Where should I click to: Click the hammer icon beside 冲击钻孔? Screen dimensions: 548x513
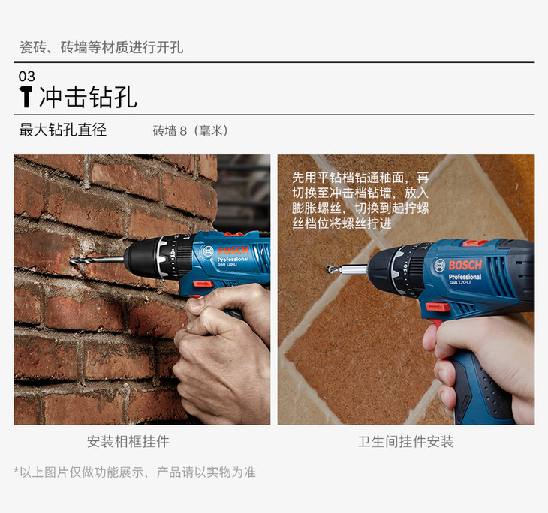click(26, 97)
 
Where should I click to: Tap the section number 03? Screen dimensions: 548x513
click(27, 76)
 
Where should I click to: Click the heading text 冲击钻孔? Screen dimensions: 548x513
click(88, 97)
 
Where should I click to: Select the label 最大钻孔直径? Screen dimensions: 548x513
click(62, 130)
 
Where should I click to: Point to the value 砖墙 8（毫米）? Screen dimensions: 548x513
click(191, 131)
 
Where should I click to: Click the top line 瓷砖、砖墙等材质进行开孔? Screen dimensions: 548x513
click(101, 47)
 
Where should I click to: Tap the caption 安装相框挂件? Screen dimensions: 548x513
click(128, 442)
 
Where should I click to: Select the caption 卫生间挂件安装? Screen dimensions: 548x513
click(405, 442)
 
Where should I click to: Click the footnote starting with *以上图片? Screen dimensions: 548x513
click(135, 472)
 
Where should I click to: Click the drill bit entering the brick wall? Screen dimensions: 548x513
click(97, 260)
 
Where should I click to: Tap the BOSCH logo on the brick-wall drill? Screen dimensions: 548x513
click(233, 250)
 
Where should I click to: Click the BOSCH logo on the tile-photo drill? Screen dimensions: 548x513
click(465, 265)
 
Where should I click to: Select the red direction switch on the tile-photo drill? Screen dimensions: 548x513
click(438, 307)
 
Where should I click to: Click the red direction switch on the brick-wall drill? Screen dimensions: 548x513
click(203, 283)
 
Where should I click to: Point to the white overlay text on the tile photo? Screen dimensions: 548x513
click(360, 200)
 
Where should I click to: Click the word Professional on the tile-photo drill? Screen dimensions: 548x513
click(465, 277)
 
